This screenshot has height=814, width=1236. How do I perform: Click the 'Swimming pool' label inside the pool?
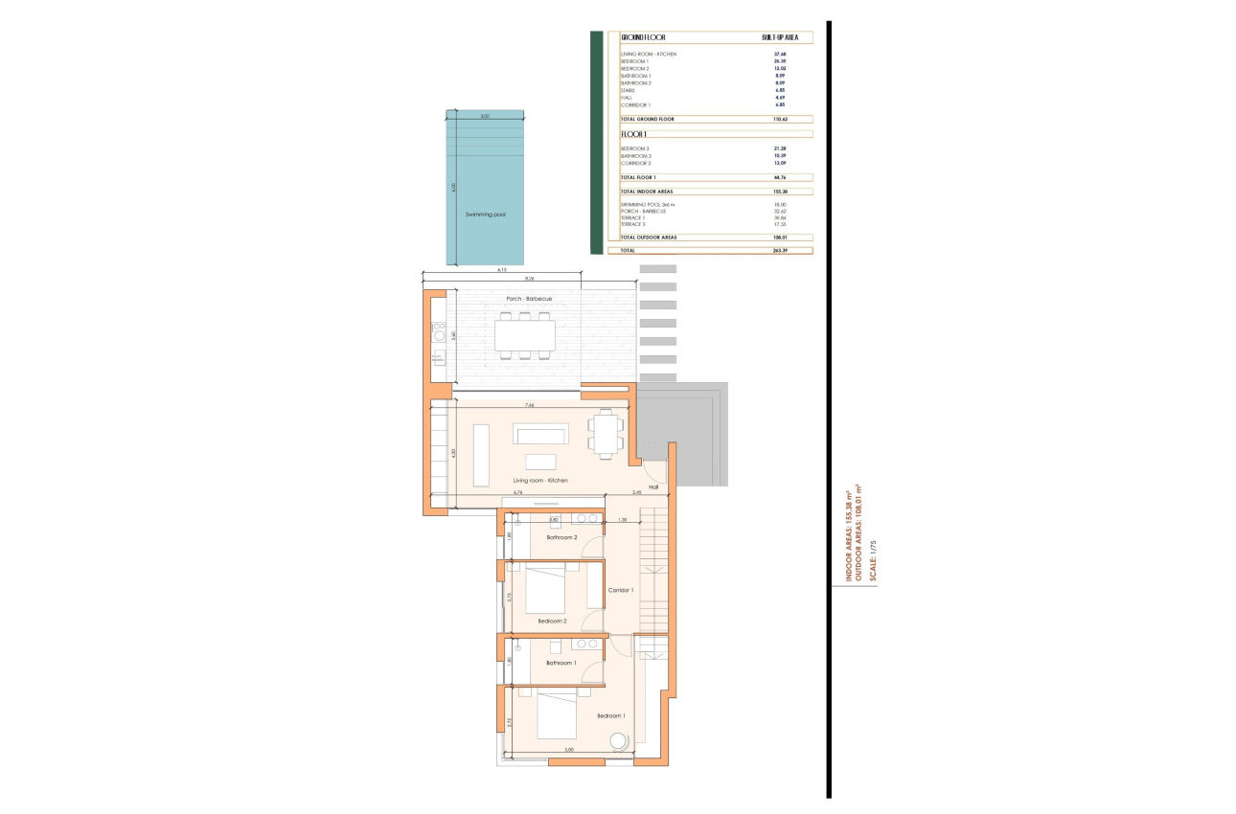485,215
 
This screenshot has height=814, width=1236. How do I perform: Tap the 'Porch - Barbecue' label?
529,299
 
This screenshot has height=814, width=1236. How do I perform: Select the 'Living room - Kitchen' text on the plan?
540,480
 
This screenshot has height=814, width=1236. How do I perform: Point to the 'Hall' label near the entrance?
653,486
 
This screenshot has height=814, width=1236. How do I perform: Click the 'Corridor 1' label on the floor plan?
621,590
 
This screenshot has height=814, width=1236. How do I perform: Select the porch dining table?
524,335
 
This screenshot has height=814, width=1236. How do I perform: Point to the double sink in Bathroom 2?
585,518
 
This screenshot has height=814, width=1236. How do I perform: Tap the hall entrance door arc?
654,470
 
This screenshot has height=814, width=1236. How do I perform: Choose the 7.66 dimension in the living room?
529,406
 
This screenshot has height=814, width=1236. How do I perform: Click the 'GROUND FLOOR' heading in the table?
643,36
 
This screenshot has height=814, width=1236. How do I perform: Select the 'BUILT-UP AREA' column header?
780,36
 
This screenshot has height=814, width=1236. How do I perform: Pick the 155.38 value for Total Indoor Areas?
780,192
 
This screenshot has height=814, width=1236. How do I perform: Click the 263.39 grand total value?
780,250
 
